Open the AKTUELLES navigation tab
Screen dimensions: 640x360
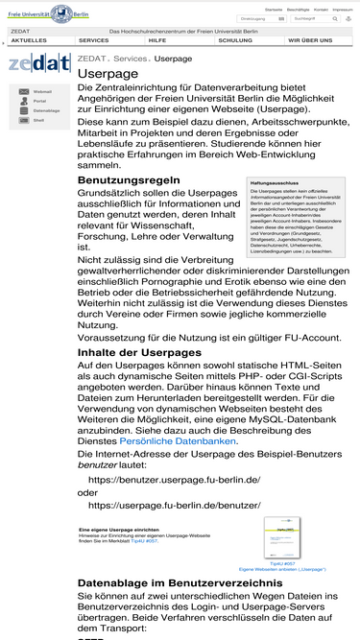29,40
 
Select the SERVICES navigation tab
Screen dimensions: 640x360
93,40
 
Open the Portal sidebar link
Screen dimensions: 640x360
39,101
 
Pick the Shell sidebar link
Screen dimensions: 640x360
38,120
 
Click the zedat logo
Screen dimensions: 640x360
38,65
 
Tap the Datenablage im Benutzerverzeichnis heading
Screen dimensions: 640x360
180,582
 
